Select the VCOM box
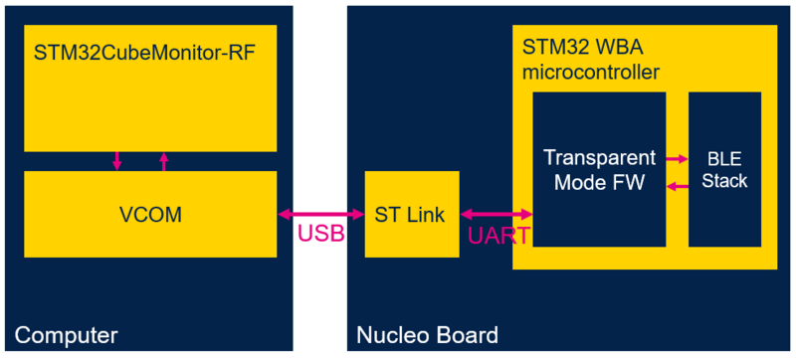click(x=149, y=213)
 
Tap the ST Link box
click(x=412, y=213)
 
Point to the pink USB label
click(x=320, y=235)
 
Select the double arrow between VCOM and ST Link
click(x=320, y=213)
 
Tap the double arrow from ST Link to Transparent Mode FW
click(x=497, y=213)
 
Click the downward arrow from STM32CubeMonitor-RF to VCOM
click(x=117, y=160)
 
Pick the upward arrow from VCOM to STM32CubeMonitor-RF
click(x=164, y=160)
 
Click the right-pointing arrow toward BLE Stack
click(x=677, y=158)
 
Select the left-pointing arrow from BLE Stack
click(x=677, y=185)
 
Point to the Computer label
click(x=67, y=335)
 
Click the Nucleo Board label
click(x=428, y=335)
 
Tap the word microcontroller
click(x=591, y=72)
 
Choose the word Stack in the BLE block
click(x=724, y=182)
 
